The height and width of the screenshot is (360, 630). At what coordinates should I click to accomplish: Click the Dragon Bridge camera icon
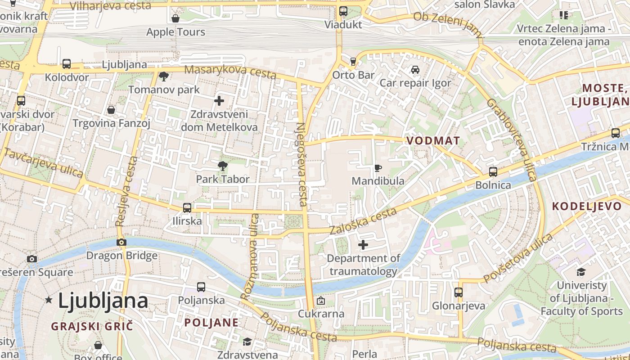[x=121, y=243]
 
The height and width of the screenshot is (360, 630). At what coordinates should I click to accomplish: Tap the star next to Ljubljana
[x=49, y=300]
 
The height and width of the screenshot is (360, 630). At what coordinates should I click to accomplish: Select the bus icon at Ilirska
[x=187, y=208]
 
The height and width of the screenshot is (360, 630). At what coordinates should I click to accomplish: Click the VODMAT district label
[x=433, y=141]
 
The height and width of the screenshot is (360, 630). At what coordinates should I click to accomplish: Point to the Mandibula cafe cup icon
[x=378, y=168]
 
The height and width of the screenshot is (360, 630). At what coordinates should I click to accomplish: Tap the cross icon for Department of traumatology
[x=363, y=245]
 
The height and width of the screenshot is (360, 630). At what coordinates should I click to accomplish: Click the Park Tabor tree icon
[x=222, y=166]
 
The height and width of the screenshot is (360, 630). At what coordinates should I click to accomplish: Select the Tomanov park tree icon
[x=164, y=76]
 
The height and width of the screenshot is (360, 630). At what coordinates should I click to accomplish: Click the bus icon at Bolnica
[x=493, y=172]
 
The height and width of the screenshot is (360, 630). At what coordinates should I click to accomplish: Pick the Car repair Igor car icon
[x=415, y=70]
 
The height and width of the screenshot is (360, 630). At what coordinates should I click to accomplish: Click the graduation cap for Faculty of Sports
[x=581, y=272]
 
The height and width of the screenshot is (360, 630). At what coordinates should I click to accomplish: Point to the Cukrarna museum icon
[x=321, y=301]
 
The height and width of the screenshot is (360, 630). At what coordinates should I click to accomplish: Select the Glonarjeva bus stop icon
[x=459, y=292]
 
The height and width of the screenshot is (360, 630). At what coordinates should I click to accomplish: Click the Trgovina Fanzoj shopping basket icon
[x=111, y=110]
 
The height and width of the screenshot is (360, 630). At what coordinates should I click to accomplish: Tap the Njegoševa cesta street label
[x=301, y=164]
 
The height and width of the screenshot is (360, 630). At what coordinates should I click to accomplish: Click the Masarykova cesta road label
[x=230, y=72]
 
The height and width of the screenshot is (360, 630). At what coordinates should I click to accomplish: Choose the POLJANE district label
[x=211, y=323]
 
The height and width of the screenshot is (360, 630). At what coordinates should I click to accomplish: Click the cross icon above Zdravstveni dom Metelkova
[x=219, y=101]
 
